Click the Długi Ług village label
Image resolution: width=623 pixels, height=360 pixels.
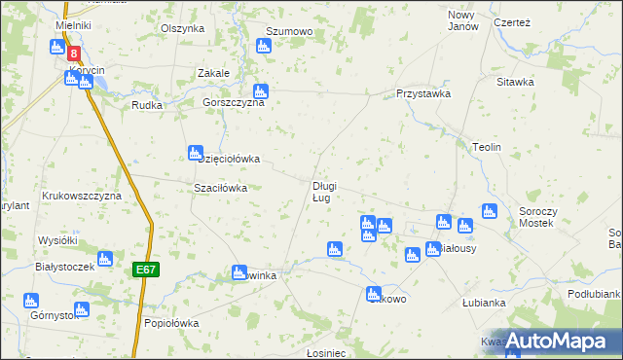pos(324,192)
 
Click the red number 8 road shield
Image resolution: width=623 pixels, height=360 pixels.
pos(74,55)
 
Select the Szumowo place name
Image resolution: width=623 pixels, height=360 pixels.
pos(289,32)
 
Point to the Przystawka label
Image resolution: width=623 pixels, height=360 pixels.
pos(422,94)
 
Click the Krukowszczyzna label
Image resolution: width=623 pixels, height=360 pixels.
pos(81,196)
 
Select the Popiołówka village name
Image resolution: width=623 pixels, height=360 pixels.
pos(170,323)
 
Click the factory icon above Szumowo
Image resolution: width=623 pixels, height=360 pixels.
pos(263,46)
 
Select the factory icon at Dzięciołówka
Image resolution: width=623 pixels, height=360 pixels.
pos(194,153)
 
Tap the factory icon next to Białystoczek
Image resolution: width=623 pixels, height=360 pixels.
pos(104,259)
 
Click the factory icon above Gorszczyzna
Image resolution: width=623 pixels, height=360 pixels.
pos(261,91)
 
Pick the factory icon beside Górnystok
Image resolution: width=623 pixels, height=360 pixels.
pos(30,301)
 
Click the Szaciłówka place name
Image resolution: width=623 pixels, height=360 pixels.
pos(221,188)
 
